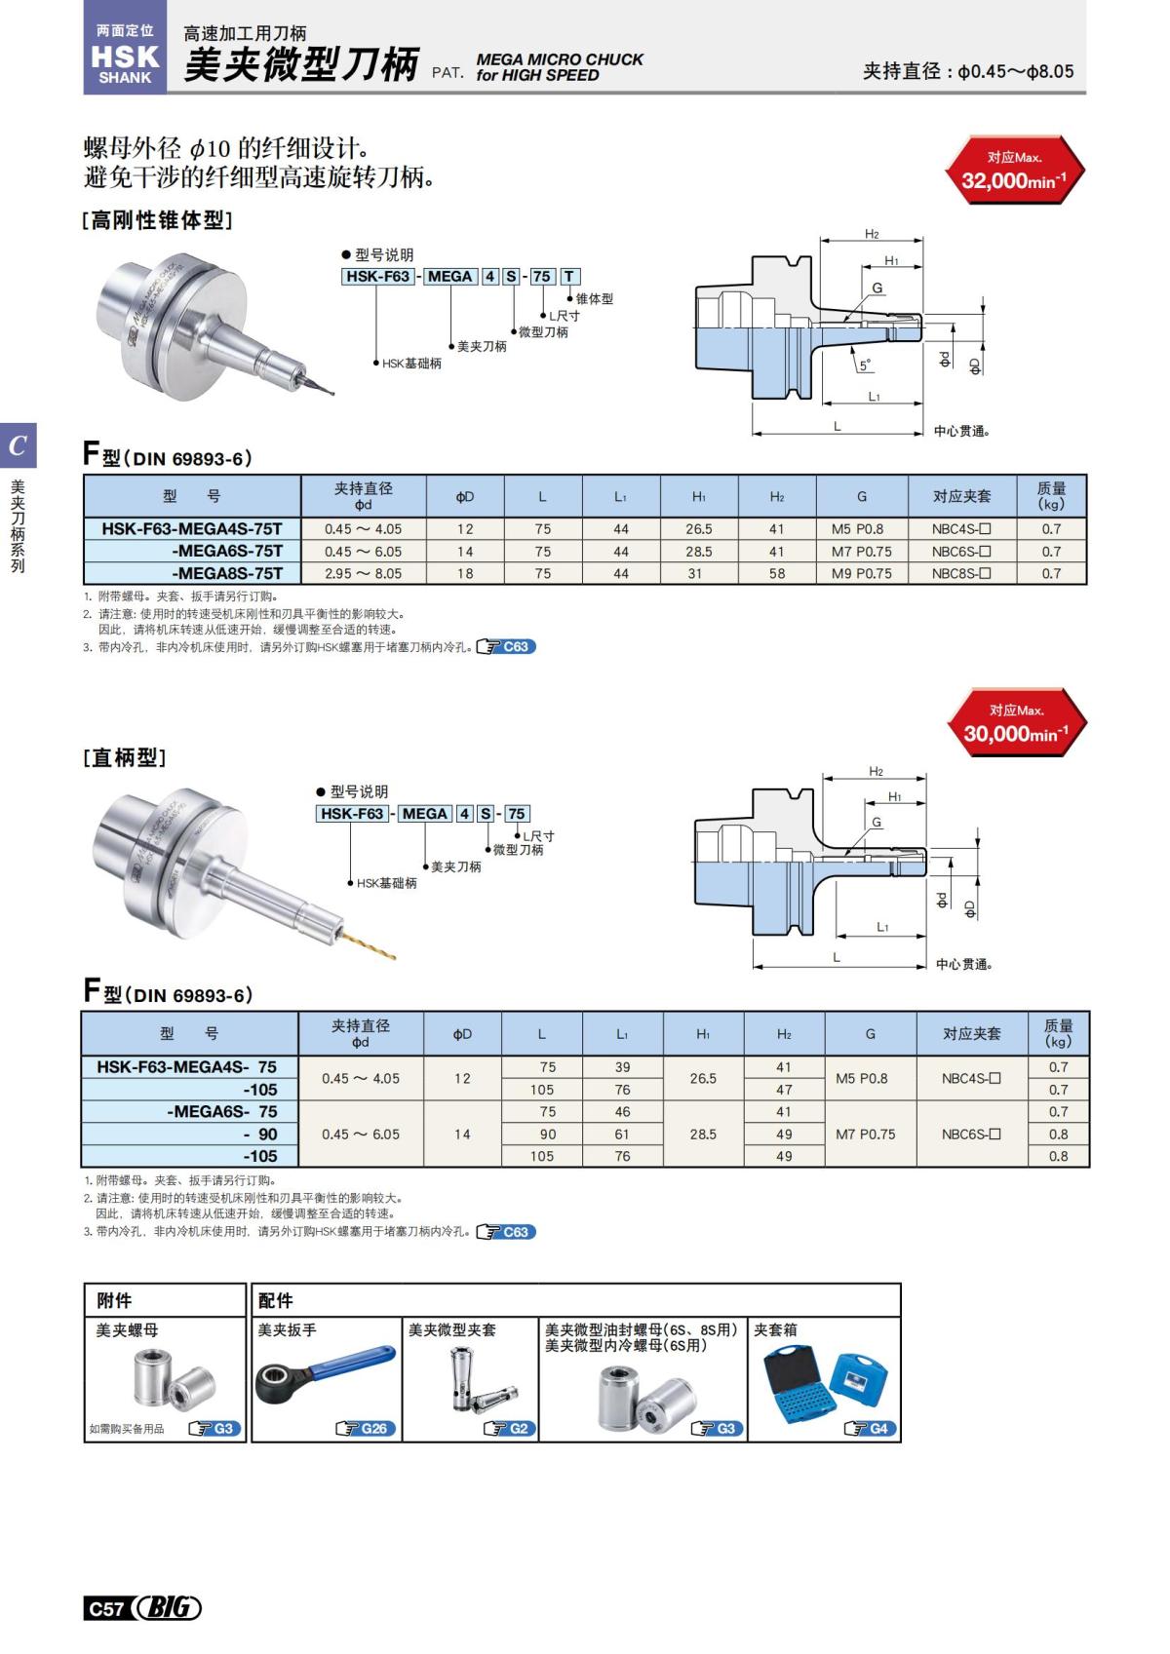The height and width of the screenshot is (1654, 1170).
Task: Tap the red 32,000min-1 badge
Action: (1015, 171)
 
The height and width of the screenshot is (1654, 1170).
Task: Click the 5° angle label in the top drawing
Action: (865, 365)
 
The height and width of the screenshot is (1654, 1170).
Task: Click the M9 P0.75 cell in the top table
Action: (861, 573)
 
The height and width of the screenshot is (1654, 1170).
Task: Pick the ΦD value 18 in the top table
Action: (465, 573)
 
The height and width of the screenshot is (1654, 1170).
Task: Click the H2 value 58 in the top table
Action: (776, 573)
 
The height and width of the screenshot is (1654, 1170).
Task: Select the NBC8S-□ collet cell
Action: (960, 573)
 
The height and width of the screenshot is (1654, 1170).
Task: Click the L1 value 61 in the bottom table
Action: (622, 1135)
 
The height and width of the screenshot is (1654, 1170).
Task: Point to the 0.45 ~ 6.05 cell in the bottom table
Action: (361, 1135)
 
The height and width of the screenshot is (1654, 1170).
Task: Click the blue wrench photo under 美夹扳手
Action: (325, 1376)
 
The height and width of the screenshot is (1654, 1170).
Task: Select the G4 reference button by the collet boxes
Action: (871, 1429)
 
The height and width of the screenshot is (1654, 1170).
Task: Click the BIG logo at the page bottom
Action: (168, 1607)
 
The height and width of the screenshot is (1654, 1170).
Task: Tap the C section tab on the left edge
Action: (18, 446)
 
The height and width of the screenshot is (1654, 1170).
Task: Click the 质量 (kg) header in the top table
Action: (1051, 496)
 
